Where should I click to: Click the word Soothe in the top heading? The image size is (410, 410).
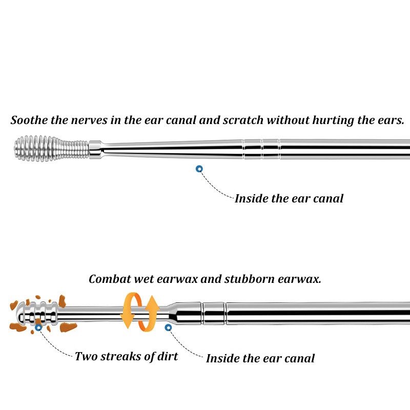pos(29,120)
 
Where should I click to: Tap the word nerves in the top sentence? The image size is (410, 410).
pos(89,120)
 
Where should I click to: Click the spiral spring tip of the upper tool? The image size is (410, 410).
pos(51,148)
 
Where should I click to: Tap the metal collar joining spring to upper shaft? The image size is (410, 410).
pos(95,150)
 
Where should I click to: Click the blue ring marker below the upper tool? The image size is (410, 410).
pos(199,169)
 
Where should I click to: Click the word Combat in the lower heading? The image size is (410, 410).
pos(110,279)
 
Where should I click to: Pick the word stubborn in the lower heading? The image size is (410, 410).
pos(250,279)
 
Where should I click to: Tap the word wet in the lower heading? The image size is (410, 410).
pos(144,279)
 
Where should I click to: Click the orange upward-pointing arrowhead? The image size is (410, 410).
pos(152,303)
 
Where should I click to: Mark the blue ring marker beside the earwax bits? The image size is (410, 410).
pos(38,327)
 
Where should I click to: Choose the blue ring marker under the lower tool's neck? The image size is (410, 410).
pos(168,327)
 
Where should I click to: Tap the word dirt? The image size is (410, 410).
pos(168,356)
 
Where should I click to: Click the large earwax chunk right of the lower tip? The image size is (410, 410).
pos(68,327)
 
